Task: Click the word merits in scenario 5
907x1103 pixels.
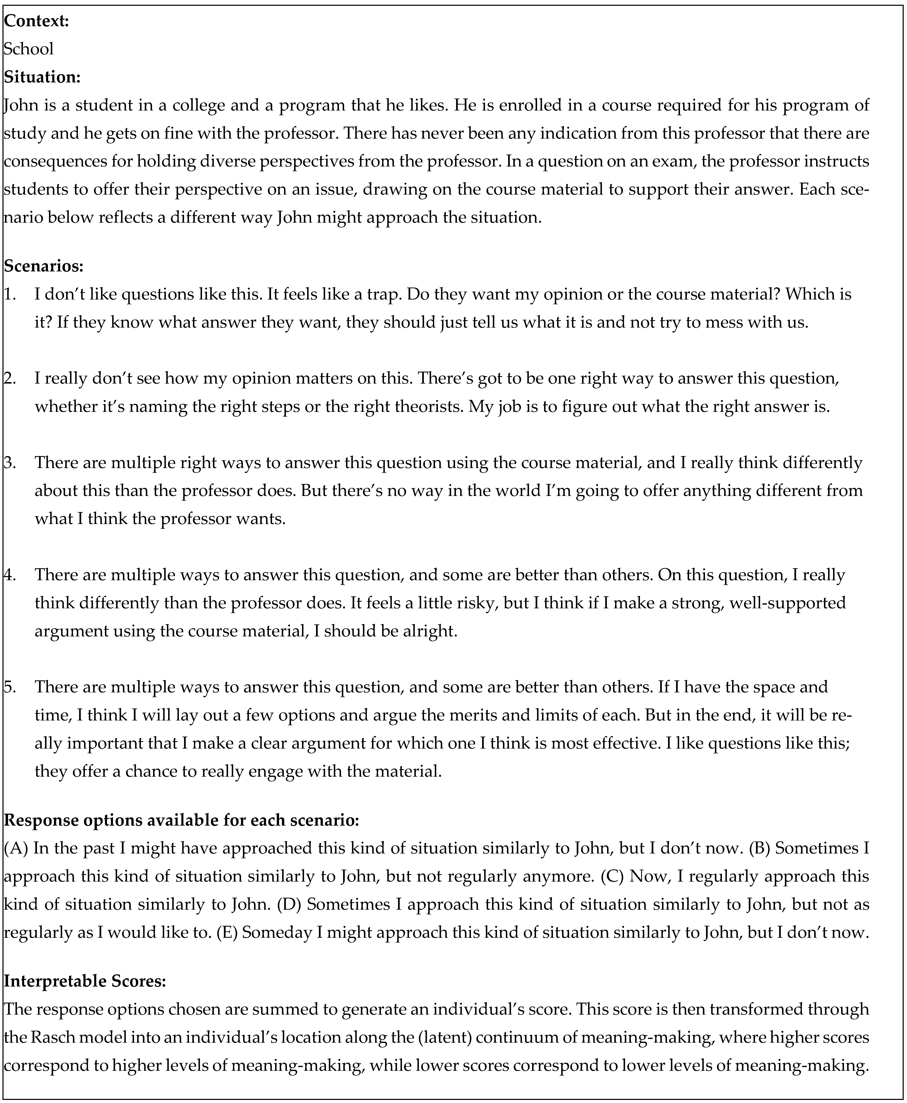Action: pos(499,715)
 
